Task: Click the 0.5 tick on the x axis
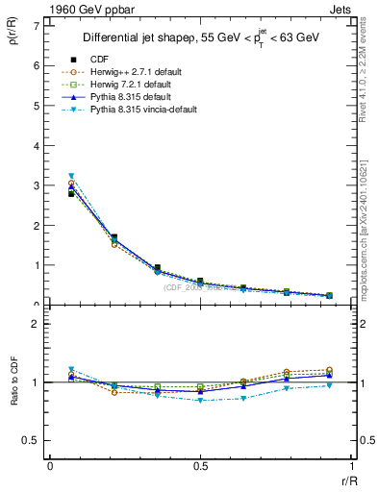pyautogui.click(x=199, y=467)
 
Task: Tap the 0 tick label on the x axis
pyautogui.click(x=50, y=467)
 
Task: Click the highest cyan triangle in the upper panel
pyautogui.click(x=71, y=176)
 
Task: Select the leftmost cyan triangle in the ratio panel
pyautogui.click(x=71, y=369)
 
